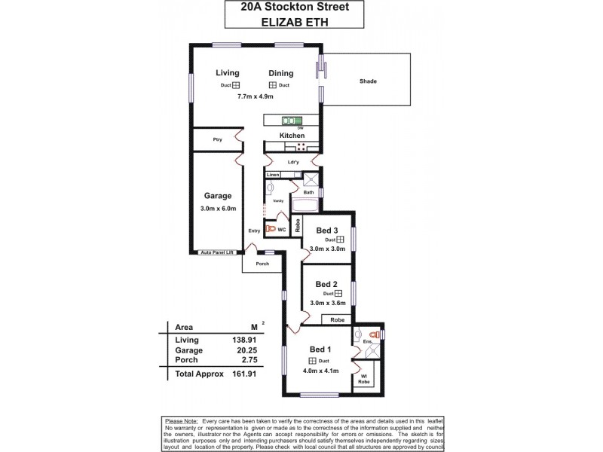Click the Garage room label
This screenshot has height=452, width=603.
point(218,196)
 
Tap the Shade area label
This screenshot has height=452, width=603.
point(368,81)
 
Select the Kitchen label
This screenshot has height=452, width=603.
point(292,135)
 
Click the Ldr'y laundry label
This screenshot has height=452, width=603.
point(294,163)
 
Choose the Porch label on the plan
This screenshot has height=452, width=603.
point(263,264)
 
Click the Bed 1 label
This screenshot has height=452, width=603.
point(320,350)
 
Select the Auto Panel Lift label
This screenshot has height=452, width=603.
point(218,253)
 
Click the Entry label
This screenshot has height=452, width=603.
point(255,231)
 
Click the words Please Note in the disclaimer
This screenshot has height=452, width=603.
point(179,420)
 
